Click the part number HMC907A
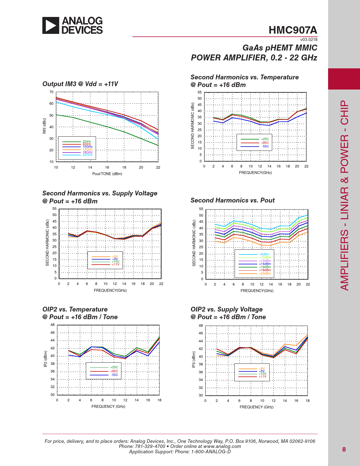click(293, 30)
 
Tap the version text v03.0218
click(309, 40)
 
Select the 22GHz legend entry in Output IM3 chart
click(88, 155)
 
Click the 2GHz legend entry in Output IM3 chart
click(87, 141)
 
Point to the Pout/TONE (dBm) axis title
click(107, 174)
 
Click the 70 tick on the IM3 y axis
click(51, 92)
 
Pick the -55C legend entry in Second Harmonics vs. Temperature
click(265, 146)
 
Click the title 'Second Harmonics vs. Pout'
click(232, 201)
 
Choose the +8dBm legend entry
click(264, 254)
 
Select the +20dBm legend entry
click(265, 273)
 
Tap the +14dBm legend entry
click(265, 264)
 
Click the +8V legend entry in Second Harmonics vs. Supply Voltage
click(115, 256)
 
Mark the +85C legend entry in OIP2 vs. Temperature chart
click(114, 371)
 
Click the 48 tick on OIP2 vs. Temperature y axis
click(53, 325)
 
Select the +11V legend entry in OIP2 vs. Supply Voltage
click(263, 376)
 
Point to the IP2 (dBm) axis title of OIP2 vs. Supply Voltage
click(194, 360)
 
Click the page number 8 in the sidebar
click(344, 449)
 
